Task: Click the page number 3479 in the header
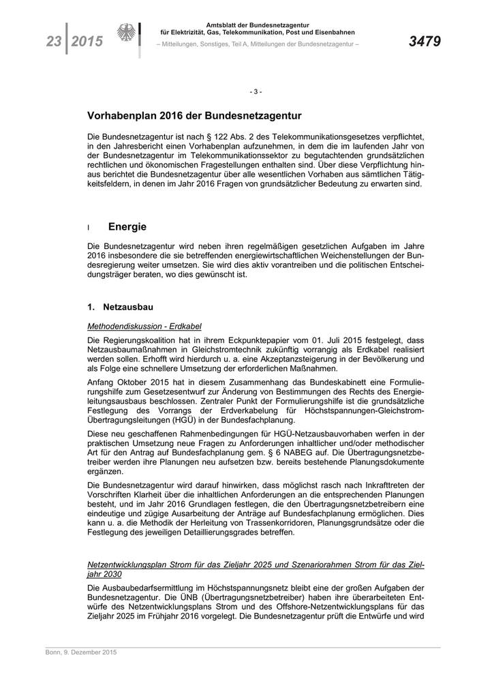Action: click(425, 42)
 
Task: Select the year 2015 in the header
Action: click(87, 42)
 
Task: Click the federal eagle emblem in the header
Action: click(127, 35)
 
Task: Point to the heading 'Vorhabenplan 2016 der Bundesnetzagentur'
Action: click(194, 117)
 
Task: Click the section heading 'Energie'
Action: click(127, 227)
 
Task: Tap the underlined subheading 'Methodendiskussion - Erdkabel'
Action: click(144, 326)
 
